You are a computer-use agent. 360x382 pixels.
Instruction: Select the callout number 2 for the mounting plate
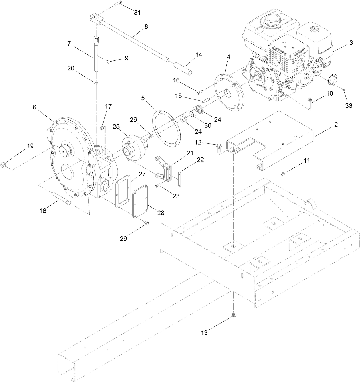coord(336,125)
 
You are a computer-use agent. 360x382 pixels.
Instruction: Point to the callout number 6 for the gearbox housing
coord(35,107)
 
